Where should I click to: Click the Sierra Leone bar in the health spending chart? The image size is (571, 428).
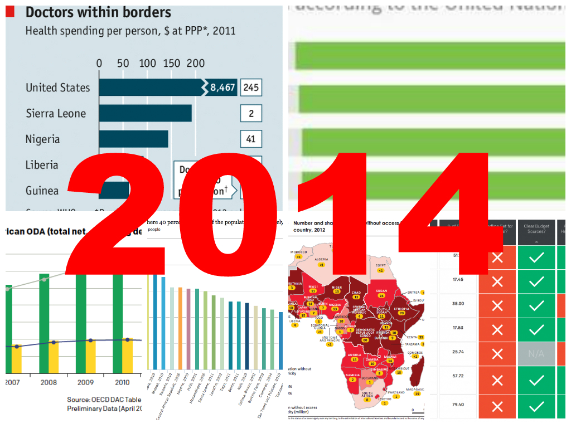[x=145, y=113]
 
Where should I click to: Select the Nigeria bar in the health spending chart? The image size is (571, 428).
[x=133, y=139]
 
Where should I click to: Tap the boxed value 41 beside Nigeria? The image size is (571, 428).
[x=251, y=139]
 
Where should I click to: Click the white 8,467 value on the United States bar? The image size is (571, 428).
[x=222, y=87]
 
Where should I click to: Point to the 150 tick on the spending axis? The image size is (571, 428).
[x=172, y=63]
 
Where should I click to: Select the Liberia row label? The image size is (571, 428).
[x=42, y=165]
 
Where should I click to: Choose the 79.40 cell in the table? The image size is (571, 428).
[x=458, y=405]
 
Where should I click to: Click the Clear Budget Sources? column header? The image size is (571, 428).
[x=536, y=228]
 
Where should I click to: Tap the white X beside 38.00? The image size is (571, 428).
[x=497, y=305]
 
